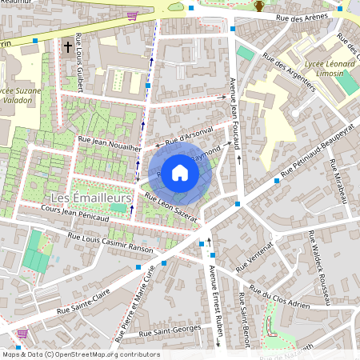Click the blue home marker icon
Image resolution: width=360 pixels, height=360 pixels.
pyautogui.click(x=180, y=171)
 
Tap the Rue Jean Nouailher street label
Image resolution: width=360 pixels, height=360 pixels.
pyautogui.click(x=110, y=142)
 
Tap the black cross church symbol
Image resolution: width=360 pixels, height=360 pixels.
pyautogui.click(x=67, y=46)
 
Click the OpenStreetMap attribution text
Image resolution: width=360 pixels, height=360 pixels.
pyautogui.click(x=80, y=354)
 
